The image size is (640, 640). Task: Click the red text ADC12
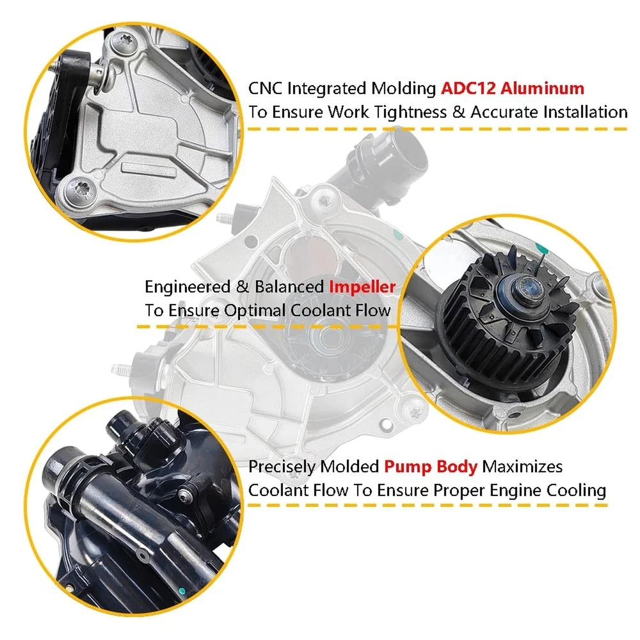(x=468, y=88)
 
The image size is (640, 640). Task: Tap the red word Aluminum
(x=543, y=88)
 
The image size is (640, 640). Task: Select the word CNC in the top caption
(x=266, y=88)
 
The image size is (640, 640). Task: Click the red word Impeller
(x=362, y=287)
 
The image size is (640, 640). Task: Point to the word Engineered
(x=188, y=287)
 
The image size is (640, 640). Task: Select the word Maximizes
(x=522, y=467)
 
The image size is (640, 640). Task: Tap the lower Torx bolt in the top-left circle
(x=80, y=191)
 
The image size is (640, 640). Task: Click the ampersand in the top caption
(x=458, y=112)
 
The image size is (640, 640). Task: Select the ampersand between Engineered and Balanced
(x=243, y=287)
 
